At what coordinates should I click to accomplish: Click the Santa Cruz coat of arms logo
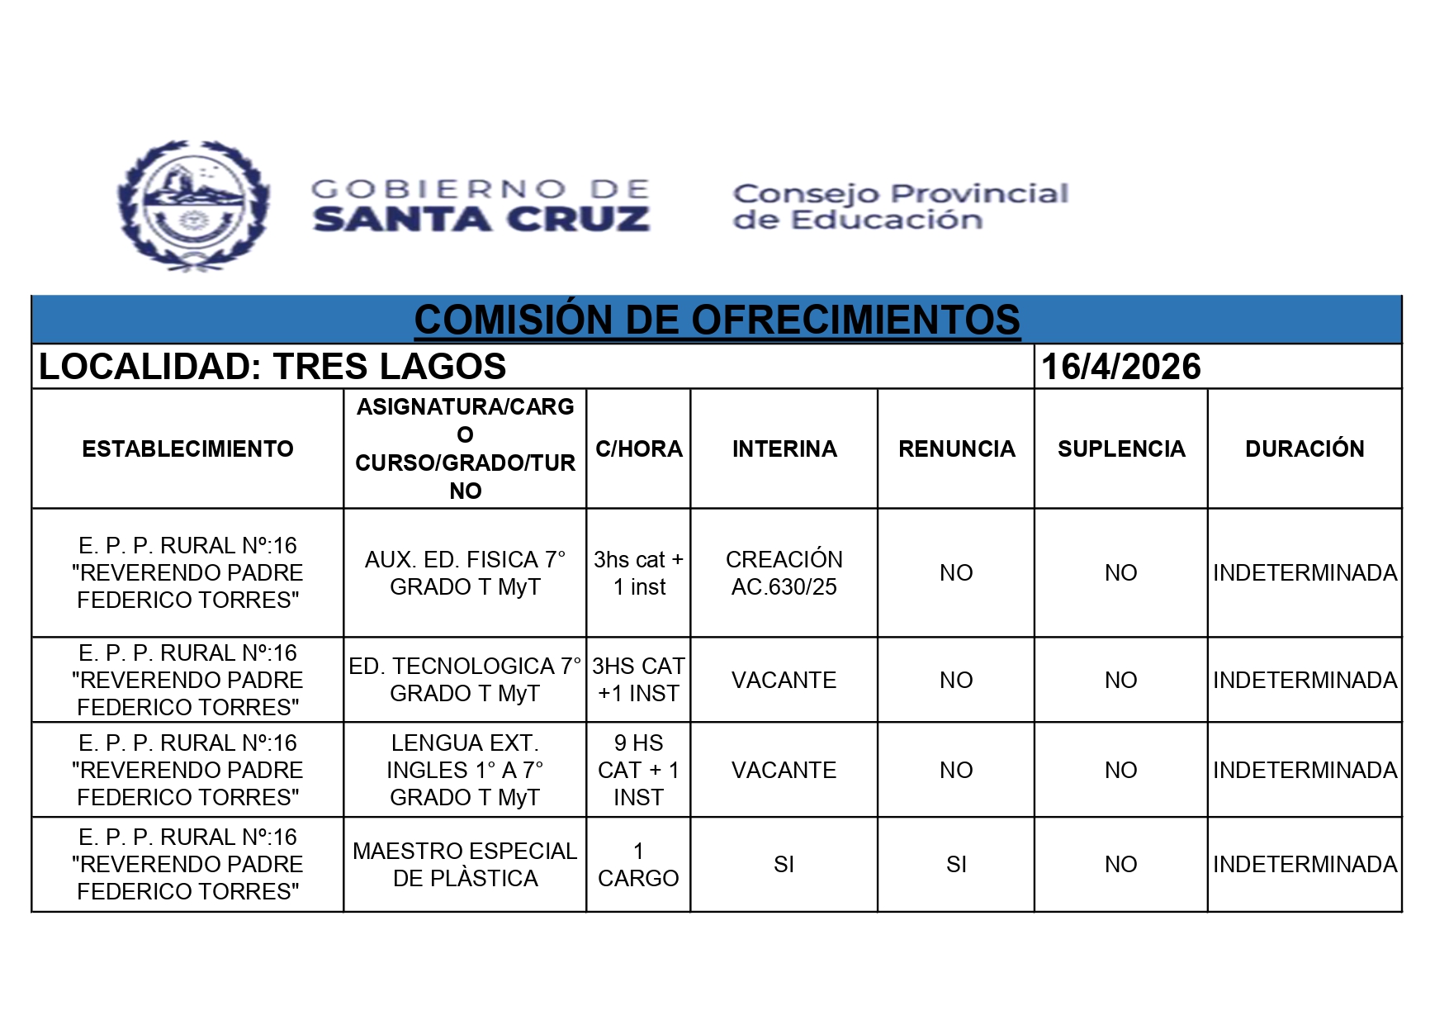pos(193,205)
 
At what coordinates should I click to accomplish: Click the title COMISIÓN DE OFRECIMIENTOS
pos(717,320)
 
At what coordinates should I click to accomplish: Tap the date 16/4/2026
pos(1120,367)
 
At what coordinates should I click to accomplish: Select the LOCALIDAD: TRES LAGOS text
pos(272,367)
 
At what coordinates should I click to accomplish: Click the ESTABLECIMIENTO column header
pos(187,448)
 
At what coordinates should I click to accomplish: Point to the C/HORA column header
pos(638,448)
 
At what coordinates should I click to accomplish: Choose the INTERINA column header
pos(784,448)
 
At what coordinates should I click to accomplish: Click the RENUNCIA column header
pos(956,448)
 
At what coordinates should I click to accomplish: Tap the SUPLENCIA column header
pos(1120,448)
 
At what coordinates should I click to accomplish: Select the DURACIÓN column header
pos(1305,448)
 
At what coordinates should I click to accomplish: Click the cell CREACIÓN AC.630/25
pos(784,572)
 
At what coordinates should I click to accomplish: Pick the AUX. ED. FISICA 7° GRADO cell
pos(465,572)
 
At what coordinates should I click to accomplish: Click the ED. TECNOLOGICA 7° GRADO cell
pos(465,679)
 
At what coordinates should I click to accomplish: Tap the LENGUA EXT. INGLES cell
pos(465,770)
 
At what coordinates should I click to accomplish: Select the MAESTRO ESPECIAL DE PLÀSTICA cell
pos(465,864)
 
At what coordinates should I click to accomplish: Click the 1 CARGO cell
pos(638,864)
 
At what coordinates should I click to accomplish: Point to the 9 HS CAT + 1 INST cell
pos(638,770)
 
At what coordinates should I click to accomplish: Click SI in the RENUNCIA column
pos(956,864)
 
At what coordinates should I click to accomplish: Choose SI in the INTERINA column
pos(784,864)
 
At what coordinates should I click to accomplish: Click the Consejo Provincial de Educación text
pos(900,206)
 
